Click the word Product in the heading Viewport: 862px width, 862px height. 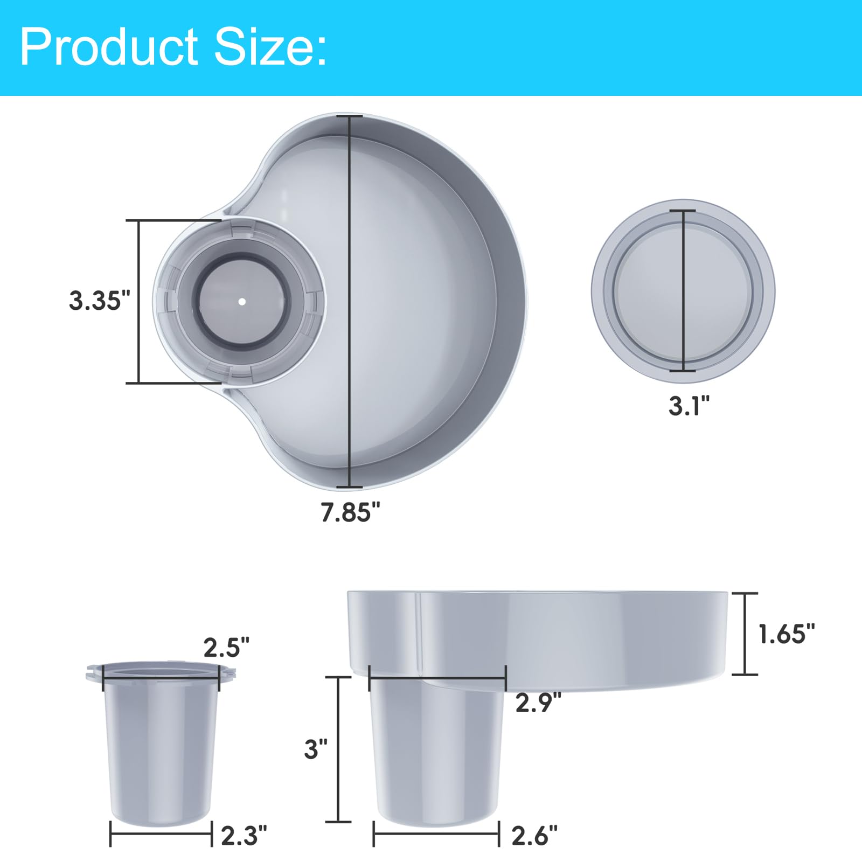(109, 47)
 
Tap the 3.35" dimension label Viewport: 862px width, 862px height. (100, 300)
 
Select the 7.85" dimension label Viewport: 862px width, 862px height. (350, 512)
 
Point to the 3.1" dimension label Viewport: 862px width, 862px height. (689, 405)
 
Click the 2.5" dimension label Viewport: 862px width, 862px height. (226, 648)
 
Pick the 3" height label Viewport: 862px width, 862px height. (316, 749)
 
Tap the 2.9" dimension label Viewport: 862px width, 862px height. (538, 703)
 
